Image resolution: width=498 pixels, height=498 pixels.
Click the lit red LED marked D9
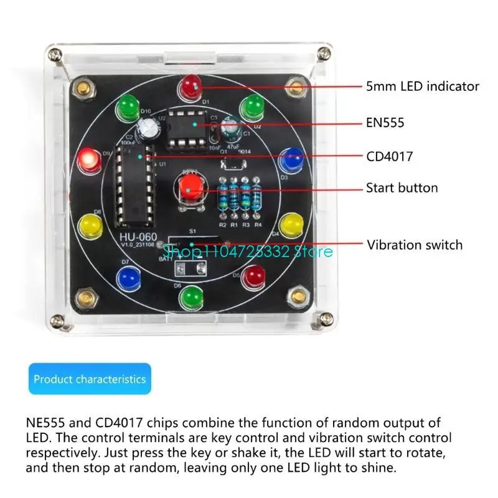click(88, 161)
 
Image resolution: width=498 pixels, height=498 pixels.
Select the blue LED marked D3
click(289, 161)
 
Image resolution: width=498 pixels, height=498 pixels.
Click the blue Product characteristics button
click(90, 379)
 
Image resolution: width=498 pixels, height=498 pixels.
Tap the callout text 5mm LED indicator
click(422, 87)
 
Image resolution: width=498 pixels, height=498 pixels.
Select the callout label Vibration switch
click(414, 245)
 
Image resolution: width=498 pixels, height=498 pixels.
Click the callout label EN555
click(385, 123)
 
